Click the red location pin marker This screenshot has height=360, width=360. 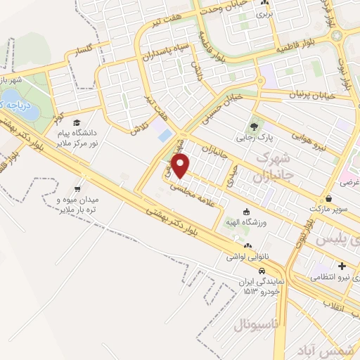click(x=181, y=166)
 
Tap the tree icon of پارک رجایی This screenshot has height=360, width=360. click(x=253, y=127)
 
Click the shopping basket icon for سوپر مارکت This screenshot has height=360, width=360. click(x=330, y=199)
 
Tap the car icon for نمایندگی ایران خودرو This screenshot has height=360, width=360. click(x=262, y=271)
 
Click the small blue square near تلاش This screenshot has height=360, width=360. click(x=165, y=134)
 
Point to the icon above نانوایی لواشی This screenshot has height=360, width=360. click(x=247, y=246)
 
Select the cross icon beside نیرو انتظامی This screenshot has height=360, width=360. click(x=342, y=266)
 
